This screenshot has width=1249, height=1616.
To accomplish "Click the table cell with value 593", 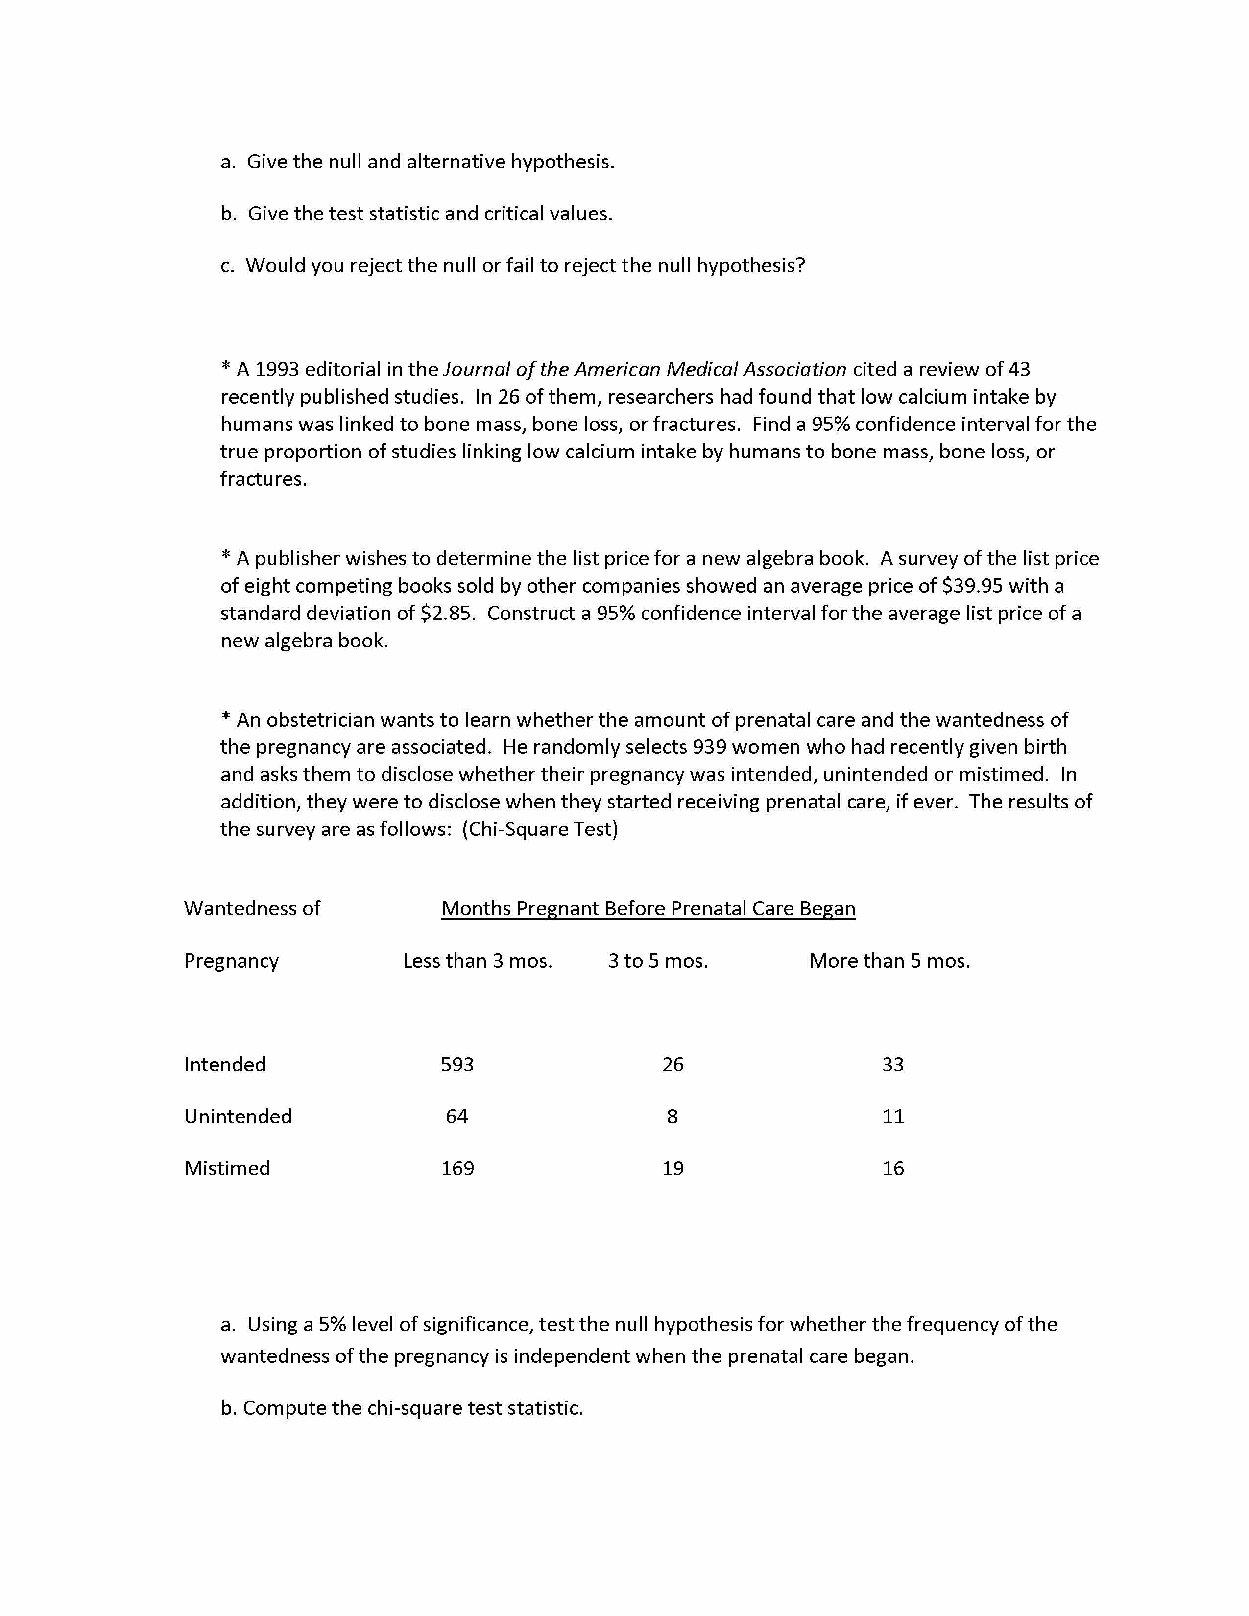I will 457,1064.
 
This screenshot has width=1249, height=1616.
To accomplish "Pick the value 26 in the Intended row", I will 673,1064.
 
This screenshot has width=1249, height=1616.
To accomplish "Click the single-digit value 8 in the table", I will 672,1116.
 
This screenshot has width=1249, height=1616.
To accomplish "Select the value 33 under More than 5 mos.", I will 893,1064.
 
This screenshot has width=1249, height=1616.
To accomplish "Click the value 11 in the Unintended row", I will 893,1116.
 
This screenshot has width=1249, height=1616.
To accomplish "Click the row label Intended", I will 225,1064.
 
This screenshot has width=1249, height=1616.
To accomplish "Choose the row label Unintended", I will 238,1116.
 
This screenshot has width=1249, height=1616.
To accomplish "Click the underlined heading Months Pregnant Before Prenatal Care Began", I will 648,908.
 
